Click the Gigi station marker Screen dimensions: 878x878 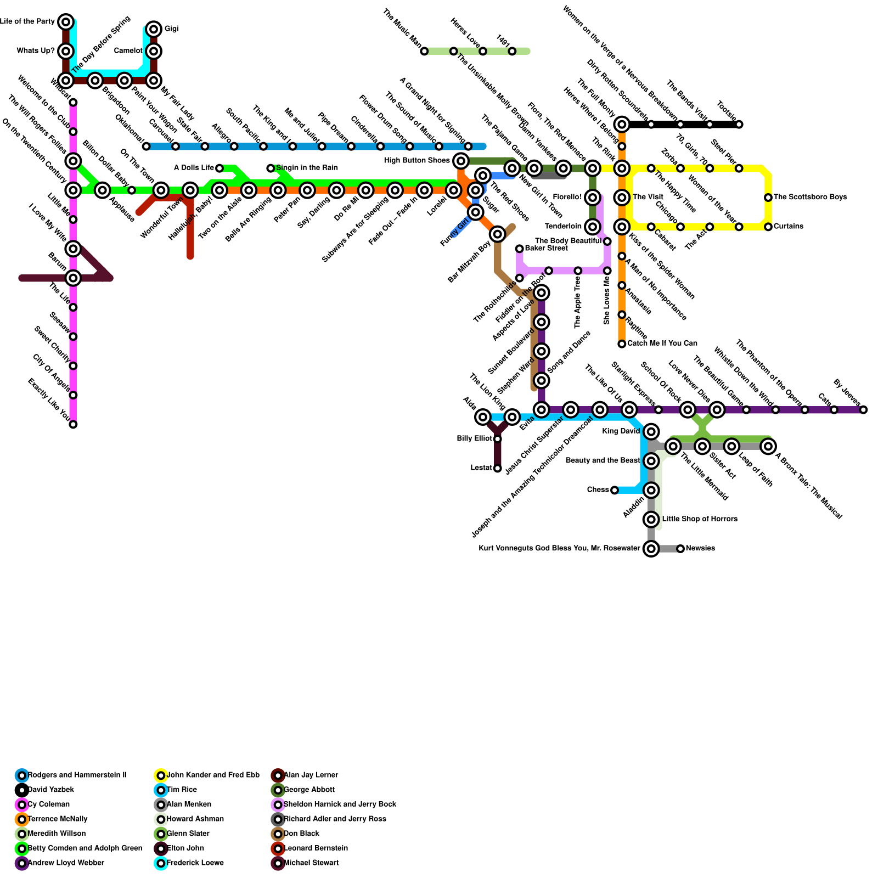click(154, 29)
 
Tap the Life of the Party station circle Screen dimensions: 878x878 click(66, 22)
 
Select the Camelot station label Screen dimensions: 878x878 click(128, 51)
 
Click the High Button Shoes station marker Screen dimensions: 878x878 click(461, 161)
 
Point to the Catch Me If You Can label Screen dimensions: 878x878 click(662, 344)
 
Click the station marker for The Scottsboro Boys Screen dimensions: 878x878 click(768, 198)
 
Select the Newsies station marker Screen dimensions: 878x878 click(680, 549)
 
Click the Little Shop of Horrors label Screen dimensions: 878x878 click(700, 519)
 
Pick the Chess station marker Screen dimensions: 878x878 click(615, 490)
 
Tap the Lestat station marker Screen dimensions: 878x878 click(497, 469)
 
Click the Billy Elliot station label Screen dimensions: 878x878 click(475, 439)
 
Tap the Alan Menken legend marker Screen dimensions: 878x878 click(161, 804)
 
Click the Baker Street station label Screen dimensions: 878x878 click(546, 249)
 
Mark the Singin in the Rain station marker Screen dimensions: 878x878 click(271, 168)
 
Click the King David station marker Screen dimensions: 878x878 click(651, 432)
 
